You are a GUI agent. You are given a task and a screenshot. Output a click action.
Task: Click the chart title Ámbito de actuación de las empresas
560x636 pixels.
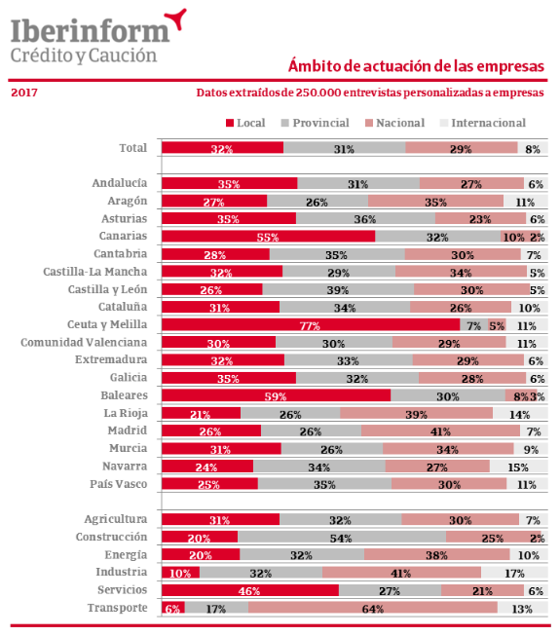click(416, 66)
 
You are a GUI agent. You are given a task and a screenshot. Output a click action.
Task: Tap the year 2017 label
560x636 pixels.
click(25, 94)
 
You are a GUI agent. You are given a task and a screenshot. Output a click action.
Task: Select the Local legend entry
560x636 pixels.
click(244, 123)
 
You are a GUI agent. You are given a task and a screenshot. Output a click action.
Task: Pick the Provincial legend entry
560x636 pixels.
click(317, 123)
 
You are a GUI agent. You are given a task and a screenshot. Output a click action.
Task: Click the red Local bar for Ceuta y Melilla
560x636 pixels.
click(310, 325)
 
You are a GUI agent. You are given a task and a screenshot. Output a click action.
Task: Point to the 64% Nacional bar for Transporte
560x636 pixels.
click(372, 608)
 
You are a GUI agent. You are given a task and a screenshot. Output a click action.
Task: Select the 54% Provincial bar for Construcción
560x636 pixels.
click(341, 537)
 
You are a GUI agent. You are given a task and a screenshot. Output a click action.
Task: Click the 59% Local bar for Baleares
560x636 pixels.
click(276, 395)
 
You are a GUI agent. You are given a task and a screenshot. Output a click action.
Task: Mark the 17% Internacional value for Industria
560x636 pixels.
click(513, 573)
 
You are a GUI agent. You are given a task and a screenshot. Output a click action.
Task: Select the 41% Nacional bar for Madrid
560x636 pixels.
click(439, 431)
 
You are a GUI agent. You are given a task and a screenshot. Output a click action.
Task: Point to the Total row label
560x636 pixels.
click(132, 148)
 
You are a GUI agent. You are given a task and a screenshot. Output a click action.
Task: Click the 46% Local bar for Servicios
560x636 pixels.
click(249, 590)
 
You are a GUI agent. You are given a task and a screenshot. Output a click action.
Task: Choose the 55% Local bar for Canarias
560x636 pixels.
click(268, 237)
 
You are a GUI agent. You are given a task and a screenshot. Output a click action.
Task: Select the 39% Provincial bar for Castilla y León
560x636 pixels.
click(338, 289)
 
